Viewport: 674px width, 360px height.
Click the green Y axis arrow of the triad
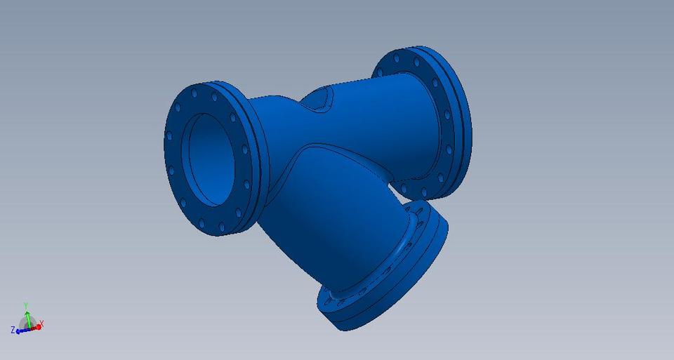coord(26,314)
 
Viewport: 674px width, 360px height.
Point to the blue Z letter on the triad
coord(13,330)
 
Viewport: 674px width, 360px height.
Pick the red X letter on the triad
coord(42,324)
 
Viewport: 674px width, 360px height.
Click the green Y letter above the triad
coord(26,305)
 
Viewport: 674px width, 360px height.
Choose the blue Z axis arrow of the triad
coord(20,330)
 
